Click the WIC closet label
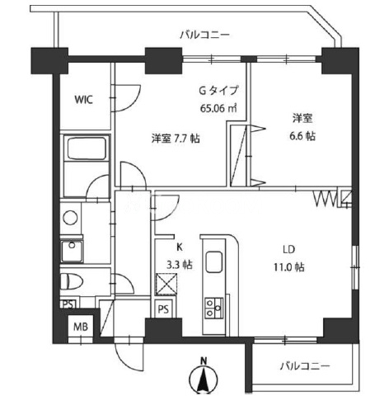(x=84, y=100)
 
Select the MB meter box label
(x=81, y=327)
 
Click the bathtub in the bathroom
(x=87, y=148)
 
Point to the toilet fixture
(x=72, y=281)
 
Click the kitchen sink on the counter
(x=214, y=261)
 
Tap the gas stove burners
(x=214, y=308)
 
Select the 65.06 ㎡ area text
(x=218, y=108)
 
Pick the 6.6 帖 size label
(x=302, y=136)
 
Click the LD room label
(x=289, y=249)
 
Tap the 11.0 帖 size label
(x=288, y=267)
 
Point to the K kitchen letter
(x=180, y=247)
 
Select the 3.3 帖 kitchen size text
(x=180, y=265)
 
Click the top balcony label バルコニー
(x=205, y=35)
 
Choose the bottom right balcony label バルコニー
(x=305, y=366)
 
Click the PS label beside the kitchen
(x=163, y=309)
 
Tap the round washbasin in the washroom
(x=70, y=218)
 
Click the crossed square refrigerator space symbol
(x=166, y=285)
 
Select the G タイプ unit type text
(x=218, y=91)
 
